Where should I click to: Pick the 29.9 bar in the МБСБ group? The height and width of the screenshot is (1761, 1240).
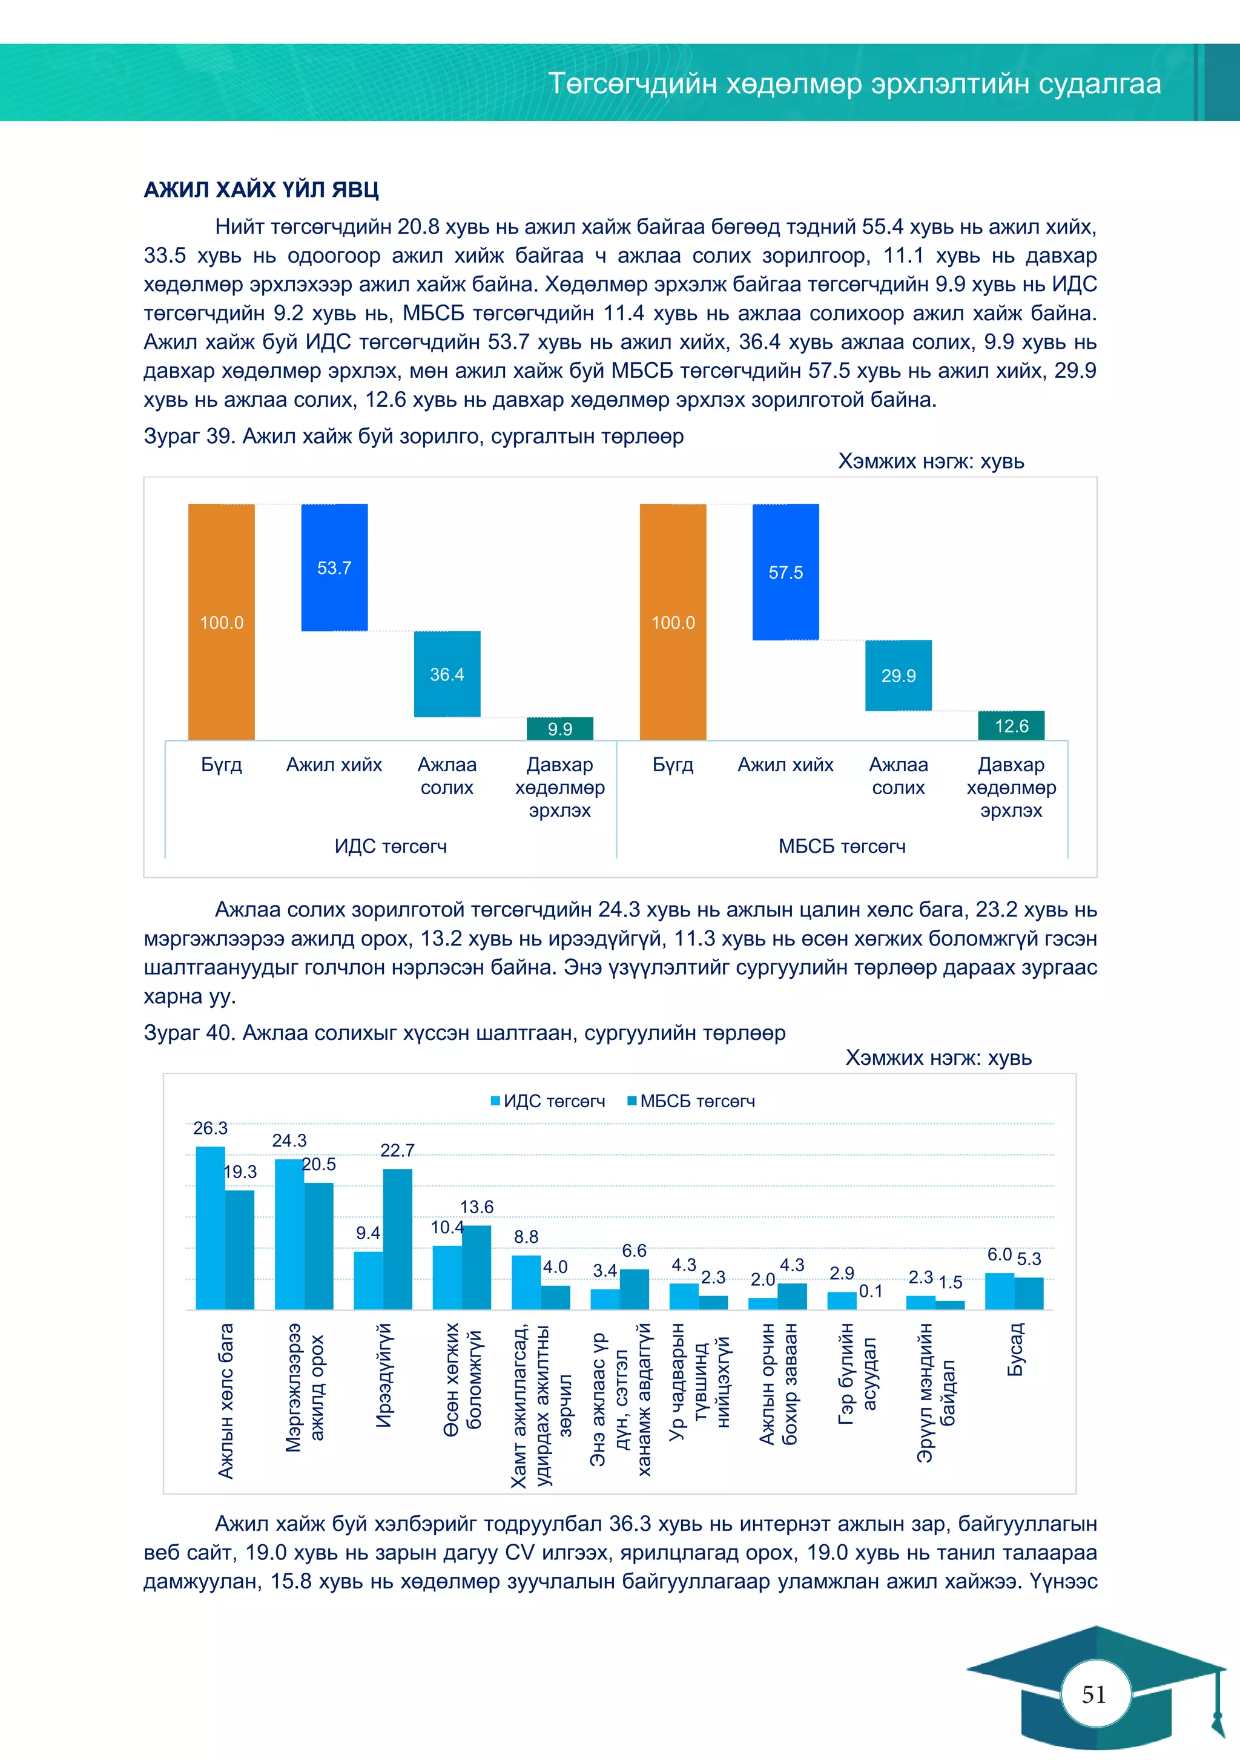tap(898, 675)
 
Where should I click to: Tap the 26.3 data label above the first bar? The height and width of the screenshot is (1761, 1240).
tap(210, 1128)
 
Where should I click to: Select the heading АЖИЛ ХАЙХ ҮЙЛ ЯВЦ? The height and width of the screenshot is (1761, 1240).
tap(261, 189)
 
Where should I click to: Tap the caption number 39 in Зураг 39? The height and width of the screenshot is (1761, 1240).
tap(219, 436)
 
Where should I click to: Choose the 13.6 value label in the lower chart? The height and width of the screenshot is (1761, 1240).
tap(477, 1206)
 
